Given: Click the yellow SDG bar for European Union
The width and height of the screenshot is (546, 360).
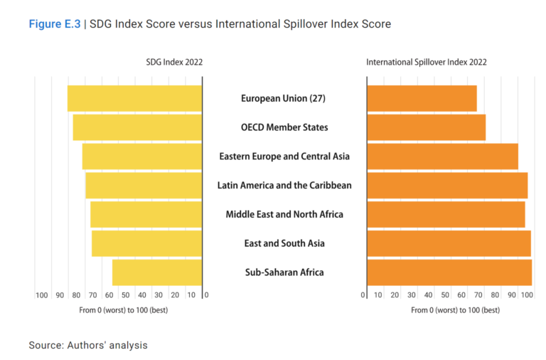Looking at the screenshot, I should pos(135,98).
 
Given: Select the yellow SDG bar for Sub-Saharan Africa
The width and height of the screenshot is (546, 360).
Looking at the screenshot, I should pos(157,272).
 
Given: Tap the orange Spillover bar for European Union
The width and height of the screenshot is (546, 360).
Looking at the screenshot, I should pos(422,98).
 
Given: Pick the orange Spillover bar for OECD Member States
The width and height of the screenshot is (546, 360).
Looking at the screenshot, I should pos(426,127).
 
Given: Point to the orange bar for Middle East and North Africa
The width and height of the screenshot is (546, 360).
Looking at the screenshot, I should pos(446,214).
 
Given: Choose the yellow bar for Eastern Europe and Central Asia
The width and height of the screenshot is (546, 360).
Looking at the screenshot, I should pos(142,157).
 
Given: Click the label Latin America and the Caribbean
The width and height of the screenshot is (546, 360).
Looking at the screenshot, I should pos(284,186).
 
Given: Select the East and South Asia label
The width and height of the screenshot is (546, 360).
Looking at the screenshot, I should pos(284,243).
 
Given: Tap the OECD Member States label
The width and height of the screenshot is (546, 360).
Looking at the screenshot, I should pos(284,127).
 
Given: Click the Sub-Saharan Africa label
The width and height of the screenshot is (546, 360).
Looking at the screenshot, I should pos(284,272).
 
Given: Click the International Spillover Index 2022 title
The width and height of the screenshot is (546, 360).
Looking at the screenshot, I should pos(427,63).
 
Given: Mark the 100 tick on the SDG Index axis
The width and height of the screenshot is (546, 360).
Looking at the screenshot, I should pos(42,295).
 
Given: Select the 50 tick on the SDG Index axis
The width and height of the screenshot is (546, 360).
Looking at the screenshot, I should pos(126,295).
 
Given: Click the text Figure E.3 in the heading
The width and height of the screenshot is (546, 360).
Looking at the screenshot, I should pos(54,24).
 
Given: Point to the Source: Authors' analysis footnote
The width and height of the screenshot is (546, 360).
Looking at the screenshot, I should pos(88,345).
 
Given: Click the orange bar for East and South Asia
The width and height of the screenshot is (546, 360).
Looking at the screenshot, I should pos(449,243).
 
